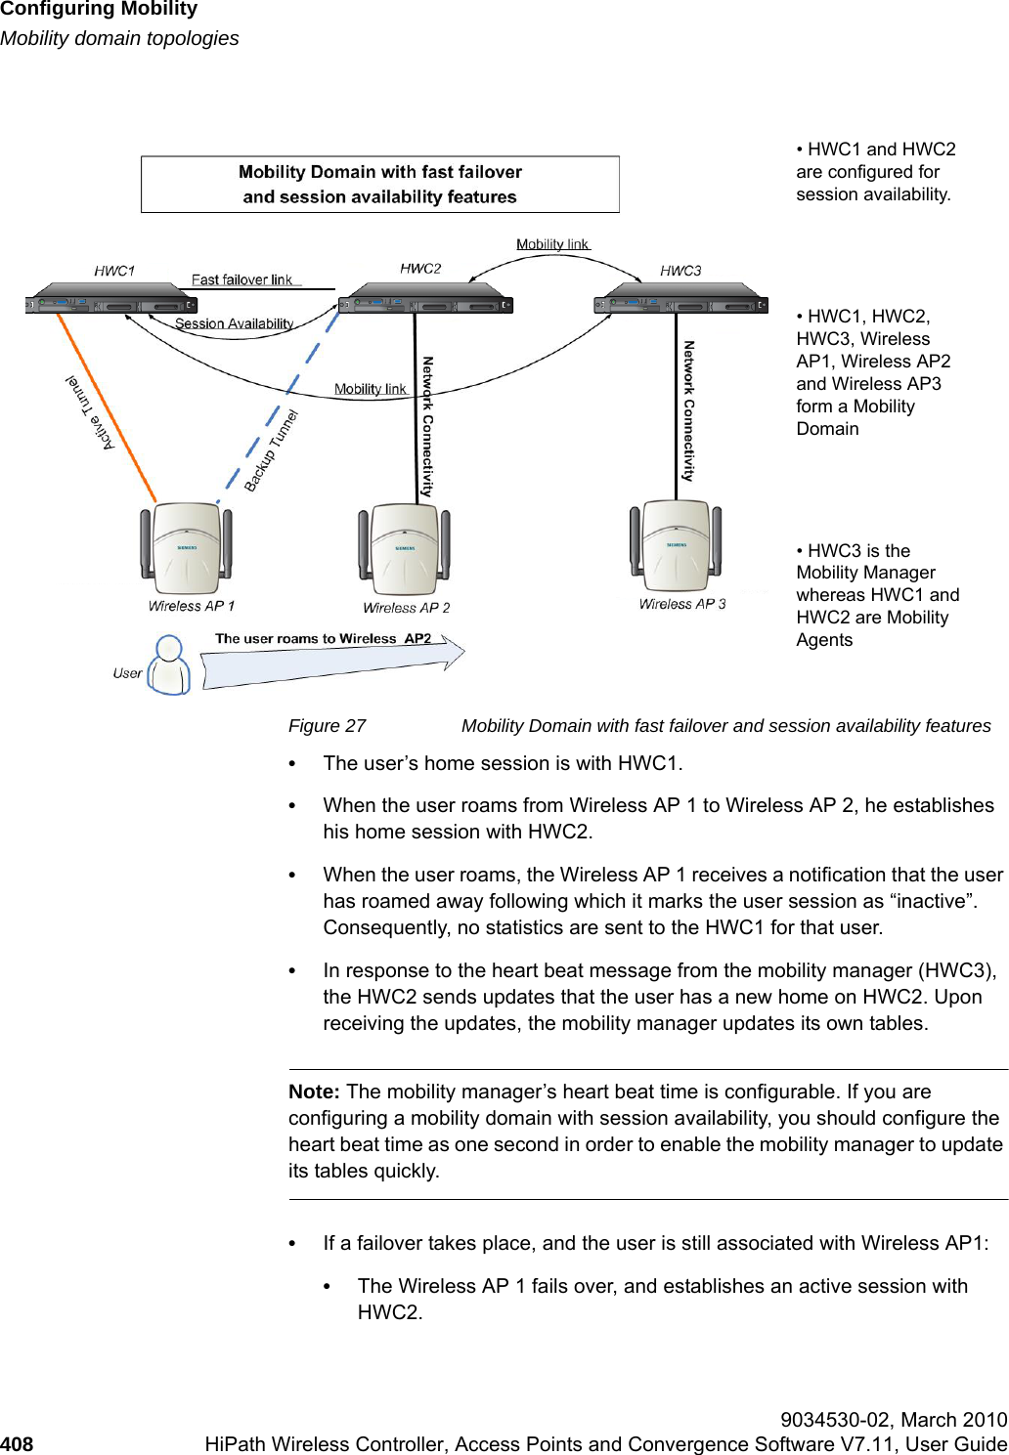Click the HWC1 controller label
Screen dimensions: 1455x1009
(114, 271)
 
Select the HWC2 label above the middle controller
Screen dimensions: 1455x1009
(420, 268)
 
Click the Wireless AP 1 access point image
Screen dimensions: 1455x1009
(186, 548)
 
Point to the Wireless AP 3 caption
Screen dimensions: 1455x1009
(682, 604)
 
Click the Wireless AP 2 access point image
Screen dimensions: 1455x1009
(404, 549)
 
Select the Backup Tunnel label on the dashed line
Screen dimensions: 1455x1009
(270, 449)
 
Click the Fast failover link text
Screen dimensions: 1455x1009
(241, 279)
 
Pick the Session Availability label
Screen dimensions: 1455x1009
(234, 323)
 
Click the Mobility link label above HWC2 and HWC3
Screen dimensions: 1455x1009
(552, 244)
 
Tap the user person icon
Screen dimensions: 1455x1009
(170, 665)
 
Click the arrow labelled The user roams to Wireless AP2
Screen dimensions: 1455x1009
(332, 663)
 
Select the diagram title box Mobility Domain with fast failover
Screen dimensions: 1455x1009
(380, 184)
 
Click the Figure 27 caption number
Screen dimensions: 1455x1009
(327, 725)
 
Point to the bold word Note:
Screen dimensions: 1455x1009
(314, 1091)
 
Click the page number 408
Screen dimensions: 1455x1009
(17, 1443)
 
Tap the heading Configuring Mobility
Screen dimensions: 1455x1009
(99, 10)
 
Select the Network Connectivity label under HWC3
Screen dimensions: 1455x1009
(688, 410)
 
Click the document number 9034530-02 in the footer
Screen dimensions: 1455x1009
(837, 1420)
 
